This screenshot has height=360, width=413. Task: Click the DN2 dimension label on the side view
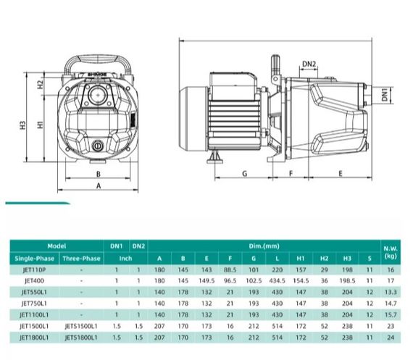pos(309,64)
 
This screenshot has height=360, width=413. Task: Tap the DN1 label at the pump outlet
pos(385,95)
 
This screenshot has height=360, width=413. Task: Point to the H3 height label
pos(23,125)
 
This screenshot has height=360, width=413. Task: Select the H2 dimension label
pos(40,84)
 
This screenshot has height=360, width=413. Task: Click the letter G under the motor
pos(244,174)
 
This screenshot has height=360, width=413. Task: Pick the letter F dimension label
pos(291,174)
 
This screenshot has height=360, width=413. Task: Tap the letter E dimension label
pos(341,174)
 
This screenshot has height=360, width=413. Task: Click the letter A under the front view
pos(99,186)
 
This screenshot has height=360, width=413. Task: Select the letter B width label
pos(99,174)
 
